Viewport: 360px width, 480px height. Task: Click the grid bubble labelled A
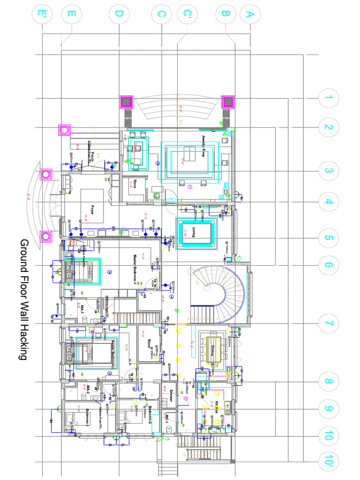249,15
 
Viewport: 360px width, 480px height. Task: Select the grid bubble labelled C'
187,15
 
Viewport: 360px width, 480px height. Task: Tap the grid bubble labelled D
119,15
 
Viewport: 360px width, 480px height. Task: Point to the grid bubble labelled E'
42,15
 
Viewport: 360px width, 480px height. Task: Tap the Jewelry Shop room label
204,146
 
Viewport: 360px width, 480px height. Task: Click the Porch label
93,157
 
